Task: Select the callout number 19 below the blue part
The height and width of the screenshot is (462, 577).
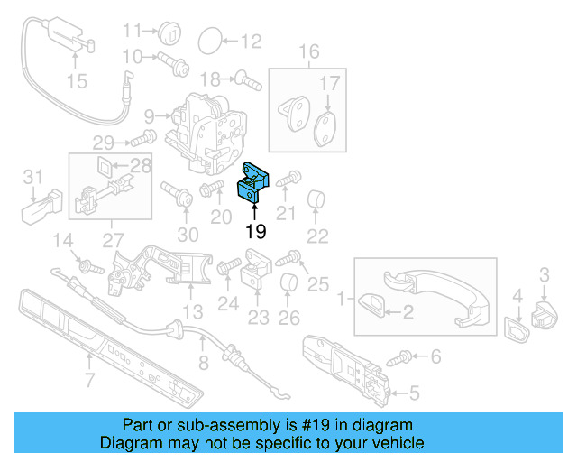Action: coord(256,231)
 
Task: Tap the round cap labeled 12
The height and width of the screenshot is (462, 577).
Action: coord(209,40)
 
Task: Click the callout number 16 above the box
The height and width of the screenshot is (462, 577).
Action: coord(309,51)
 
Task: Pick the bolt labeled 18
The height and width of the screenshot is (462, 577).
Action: coord(246,79)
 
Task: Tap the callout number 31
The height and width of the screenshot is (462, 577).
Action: coord(32,175)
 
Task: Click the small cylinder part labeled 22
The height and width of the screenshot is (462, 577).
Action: coord(316,199)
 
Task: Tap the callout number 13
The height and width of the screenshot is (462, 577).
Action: coord(193,312)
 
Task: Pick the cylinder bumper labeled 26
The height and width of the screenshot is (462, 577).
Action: coord(288,286)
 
